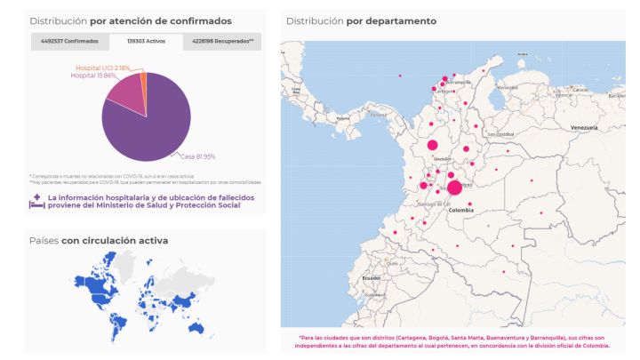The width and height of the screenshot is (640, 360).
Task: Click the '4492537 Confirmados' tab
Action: click(69, 41)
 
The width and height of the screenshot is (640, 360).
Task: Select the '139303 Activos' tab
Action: click(146, 41)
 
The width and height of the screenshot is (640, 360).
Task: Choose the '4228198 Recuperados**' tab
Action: click(223, 41)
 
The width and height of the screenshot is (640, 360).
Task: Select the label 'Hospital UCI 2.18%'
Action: click(103, 68)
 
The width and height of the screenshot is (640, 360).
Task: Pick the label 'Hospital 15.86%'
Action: click(92, 76)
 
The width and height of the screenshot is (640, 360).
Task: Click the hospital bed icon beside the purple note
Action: click(36, 201)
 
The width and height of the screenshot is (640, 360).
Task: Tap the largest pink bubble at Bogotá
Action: click(454, 187)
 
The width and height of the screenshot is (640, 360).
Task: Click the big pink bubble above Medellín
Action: click(432, 145)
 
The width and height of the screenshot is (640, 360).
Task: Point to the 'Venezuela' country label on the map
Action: click(584, 128)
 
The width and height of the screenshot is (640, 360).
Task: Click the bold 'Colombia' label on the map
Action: click(461, 211)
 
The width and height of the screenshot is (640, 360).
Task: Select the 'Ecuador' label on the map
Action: click(372, 278)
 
